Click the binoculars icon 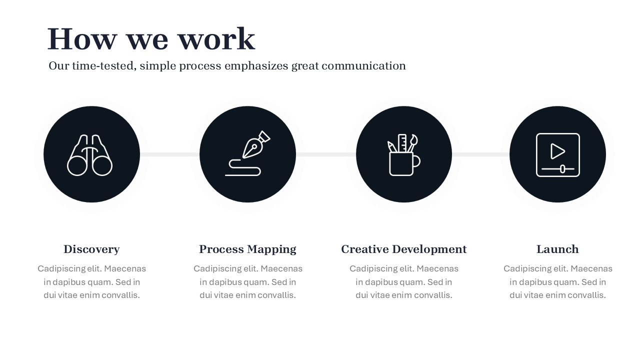pyautogui.click(x=89, y=155)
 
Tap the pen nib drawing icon pyautogui.click(x=247, y=153)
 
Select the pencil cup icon pyautogui.click(x=403, y=155)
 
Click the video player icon pyautogui.click(x=557, y=155)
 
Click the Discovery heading pyautogui.click(x=91, y=249)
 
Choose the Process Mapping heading pyautogui.click(x=247, y=249)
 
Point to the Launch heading pyautogui.click(x=557, y=249)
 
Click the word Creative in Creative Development pyautogui.click(x=365, y=249)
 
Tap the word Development pyautogui.click(x=429, y=249)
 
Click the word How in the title pyautogui.click(x=82, y=39)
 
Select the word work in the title pyautogui.click(x=216, y=39)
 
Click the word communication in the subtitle pyautogui.click(x=363, y=65)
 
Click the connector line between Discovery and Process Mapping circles pyautogui.click(x=169, y=154)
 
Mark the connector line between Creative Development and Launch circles pyautogui.click(x=480, y=154)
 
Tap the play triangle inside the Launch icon pyautogui.click(x=557, y=151)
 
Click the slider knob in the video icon pyautogui.click(x=562, y=169)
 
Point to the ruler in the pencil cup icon pyautogui.click(x=402, y=143)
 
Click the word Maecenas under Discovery pyautogui.click(x=125, y=269)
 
